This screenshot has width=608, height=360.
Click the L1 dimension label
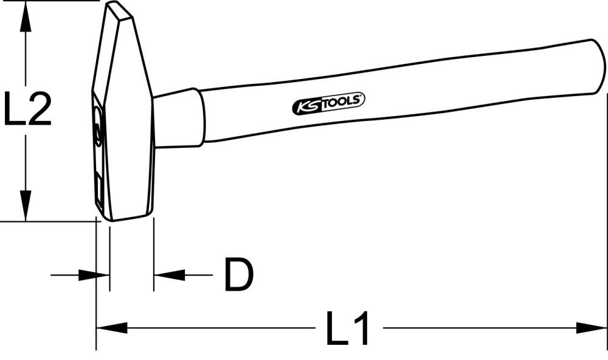click(348, 329)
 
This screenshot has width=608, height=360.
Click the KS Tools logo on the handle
click(328, 104)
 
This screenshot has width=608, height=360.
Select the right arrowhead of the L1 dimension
click(593, 329)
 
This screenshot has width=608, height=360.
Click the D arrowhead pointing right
click(89, 275)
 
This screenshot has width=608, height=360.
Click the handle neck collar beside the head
click(178, 119)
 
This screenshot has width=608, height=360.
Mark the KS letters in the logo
click(306, 107)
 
